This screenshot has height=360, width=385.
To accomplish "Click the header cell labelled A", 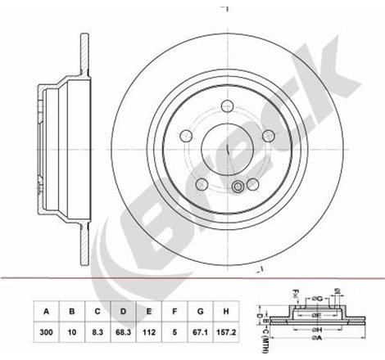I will (x=47, y=310).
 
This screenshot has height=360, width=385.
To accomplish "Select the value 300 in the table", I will (x=47, y=331).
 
